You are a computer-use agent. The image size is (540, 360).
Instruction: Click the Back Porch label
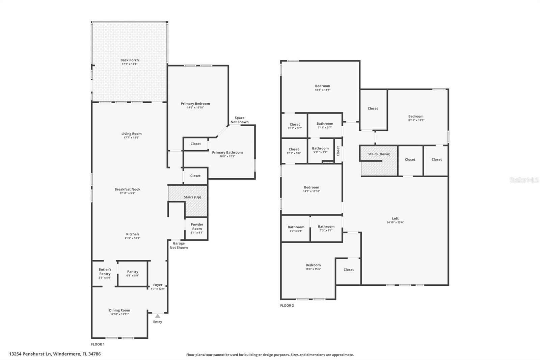pos(130,60)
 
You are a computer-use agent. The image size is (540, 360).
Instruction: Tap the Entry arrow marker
pos(158,316)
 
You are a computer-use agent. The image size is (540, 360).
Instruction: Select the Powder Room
pos(197,228)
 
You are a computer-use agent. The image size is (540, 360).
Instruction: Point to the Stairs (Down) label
pos(379,154)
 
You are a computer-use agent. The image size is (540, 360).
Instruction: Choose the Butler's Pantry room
pos(105,273)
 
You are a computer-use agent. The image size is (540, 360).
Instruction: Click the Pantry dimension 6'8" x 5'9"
pos(133,276)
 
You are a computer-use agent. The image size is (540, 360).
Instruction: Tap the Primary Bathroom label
pos(227,152)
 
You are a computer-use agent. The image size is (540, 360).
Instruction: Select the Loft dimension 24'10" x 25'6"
pos(395,223)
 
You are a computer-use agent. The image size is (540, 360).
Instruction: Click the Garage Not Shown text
pos(179,246)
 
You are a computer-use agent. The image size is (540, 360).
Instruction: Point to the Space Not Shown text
pos(239,120)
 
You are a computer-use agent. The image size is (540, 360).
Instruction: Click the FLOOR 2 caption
pos(287,306)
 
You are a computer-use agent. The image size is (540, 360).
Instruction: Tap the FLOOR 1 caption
pos(98,344)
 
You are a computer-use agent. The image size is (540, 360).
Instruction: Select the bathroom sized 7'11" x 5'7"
pos(325,126)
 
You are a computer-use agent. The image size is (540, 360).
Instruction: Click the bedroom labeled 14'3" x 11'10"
pos(311,189)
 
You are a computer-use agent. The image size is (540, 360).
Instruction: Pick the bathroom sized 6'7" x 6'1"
pos(296,229)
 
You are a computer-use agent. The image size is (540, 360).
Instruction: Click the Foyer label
pos(158,285)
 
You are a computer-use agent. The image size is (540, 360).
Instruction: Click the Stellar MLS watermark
pos(524,180)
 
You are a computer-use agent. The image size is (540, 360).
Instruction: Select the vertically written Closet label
pos(338,151)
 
